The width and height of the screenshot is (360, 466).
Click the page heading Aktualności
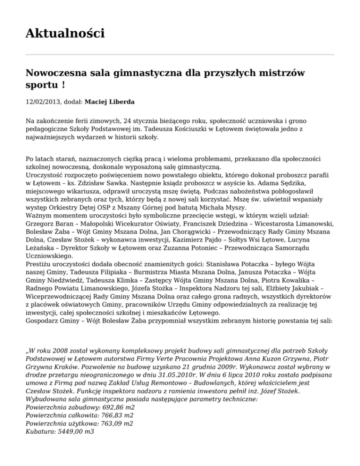(65, 34)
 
